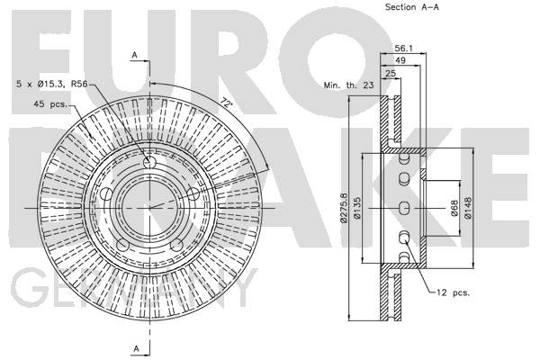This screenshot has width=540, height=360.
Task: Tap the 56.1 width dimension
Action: (x=403, y=50)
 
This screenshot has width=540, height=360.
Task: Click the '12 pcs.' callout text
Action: (x=454, y=292)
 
